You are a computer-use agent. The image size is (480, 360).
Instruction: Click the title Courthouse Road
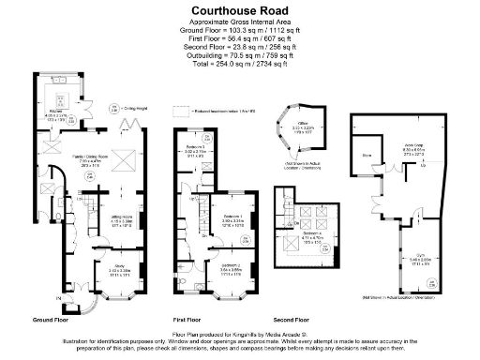pyautogui.click(x=239, y=7)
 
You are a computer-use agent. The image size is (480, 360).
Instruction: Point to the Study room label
pyautogui.click(x=118, y=267)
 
